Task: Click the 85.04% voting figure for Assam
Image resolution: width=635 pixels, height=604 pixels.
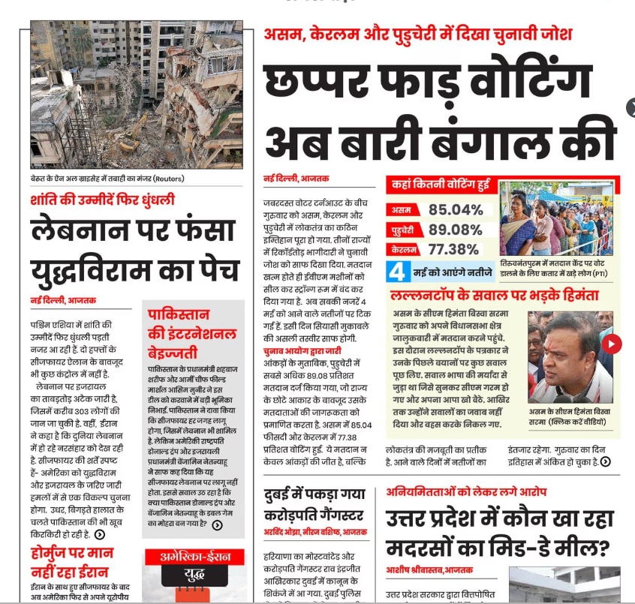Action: pyautogui.click(x=456, y=209)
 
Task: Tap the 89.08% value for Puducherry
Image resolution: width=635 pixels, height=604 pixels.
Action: pyautogui.click(x=456, y=230)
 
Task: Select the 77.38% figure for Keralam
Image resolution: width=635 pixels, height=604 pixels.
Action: pyautogui.click(x=453, y=249)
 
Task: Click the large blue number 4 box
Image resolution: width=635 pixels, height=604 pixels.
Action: pyautogui.click(x=398, y=270)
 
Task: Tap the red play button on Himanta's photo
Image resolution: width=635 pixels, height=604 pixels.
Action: pyautogui.click(x=612, y=344)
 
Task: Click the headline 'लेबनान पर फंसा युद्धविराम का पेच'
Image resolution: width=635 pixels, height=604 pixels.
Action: pyautogui.click(x=135, y=248)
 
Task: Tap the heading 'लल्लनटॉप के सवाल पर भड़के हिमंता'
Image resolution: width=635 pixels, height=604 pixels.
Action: pyautogui.click(x=494, y=296)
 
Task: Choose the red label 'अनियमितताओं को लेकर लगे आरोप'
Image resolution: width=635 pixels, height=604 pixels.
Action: pyautogui.click(x=466, y=492)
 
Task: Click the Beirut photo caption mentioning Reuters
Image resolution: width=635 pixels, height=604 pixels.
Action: pyautogui.click(x=107, y=179)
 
